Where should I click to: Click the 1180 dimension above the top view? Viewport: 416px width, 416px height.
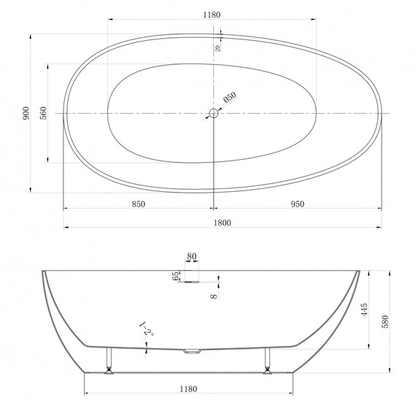click(x=212, y=15)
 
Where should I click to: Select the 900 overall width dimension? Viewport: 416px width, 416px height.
click(x=26, y=113)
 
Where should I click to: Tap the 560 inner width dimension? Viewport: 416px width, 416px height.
click(x=43, y=113)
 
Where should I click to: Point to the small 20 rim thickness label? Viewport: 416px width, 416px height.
click(x=217, y=48)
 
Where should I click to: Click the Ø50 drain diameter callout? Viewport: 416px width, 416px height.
click(x=230, y=97)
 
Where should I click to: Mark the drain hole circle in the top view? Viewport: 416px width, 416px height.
click(x=214, y=113)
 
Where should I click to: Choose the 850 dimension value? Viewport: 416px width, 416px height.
click(x=139, y=204)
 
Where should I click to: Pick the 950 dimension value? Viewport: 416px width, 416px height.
click(x=298, y=204)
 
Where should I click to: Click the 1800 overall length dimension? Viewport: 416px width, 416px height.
click(x=223, y=223)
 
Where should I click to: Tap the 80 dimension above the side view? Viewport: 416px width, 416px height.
click(x=191, y=256)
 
